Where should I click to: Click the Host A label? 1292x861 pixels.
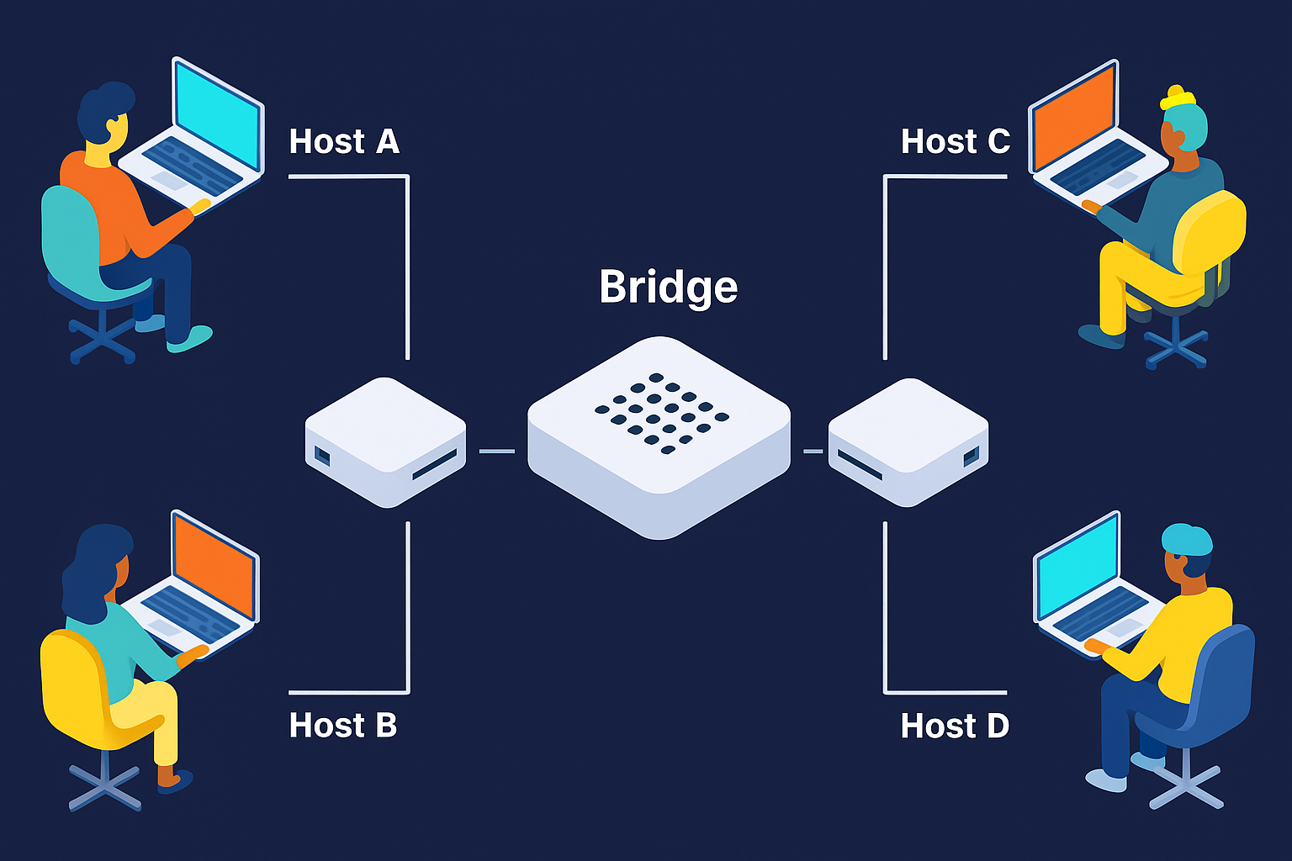tap(343, 141)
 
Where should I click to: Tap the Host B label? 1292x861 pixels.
tap(342, 725)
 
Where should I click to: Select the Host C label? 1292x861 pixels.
tap(955, 141)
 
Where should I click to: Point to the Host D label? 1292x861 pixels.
tap(955, 726)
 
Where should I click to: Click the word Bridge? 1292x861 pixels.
tap(668, 287)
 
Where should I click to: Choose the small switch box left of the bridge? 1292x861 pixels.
tap(385, 441)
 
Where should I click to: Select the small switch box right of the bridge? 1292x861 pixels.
tap(908, 441)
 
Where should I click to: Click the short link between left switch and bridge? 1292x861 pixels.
tap(496, 452)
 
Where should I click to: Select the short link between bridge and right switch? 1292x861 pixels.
tap(813, 452)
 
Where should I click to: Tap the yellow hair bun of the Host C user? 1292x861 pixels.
tap(1177, 98)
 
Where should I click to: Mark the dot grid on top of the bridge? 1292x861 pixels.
tap(662, 412)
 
